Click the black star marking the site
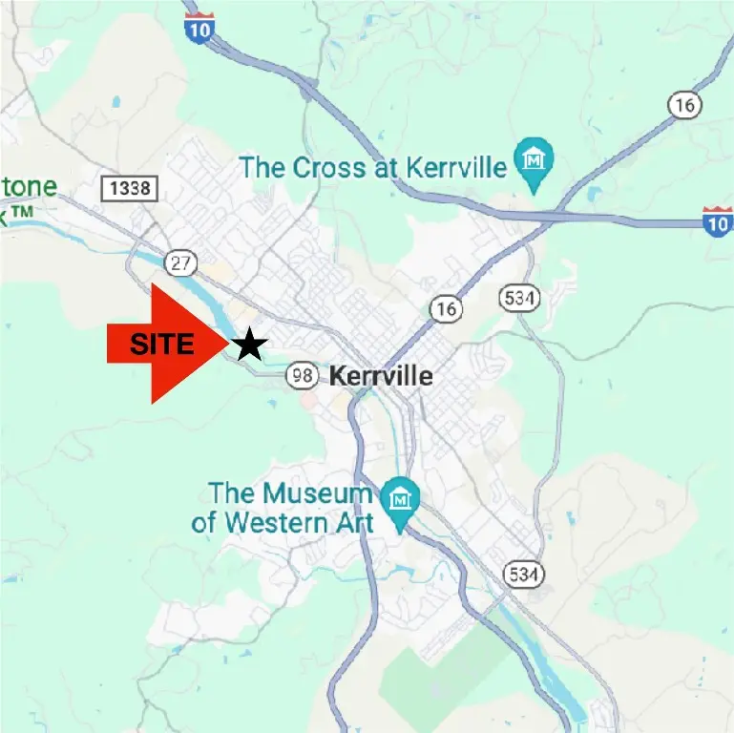pyautogui.click(x=249, y=345)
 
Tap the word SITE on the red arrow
pyautogui.click(x=162, y=345)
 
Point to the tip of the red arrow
pyautogui.click(x=228, y=345)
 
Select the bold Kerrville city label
pyautogui.click(x=380, y=376)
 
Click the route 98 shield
pyautogui.click(x=303, y=376)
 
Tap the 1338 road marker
pyautogui.click(x=130, y=188)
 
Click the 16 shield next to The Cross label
pyautogui.click(x=684, y=106)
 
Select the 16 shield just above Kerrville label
pyautogui.click(x=445, y=308)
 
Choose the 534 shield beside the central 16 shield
pyautogui.click(x=519, y=299)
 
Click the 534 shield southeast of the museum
pyautogui.click(x=522, y=573)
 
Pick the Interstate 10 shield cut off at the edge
pyautogui.click(x=718, y=220)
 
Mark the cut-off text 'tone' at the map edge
pyautogui.click(x=29, y=187)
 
